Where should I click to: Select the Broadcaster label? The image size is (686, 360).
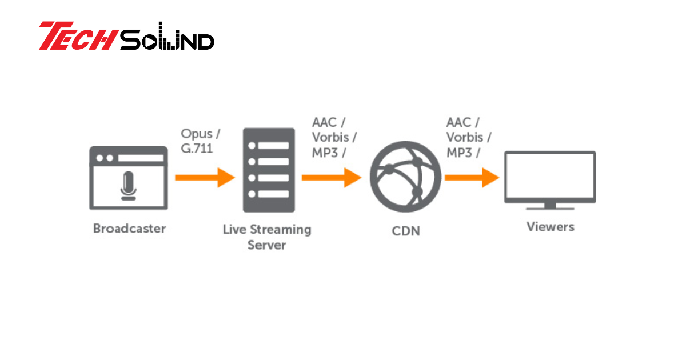129,229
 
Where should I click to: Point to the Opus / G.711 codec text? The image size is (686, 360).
200,141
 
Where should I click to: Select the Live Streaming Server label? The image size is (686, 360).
267,237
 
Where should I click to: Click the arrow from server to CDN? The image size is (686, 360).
332,178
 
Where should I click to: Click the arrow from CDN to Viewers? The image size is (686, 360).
471,178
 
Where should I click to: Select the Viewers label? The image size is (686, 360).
550,227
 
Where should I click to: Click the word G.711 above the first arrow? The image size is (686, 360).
197,149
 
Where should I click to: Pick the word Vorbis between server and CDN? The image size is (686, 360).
331,138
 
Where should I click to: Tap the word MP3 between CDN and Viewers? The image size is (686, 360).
460,153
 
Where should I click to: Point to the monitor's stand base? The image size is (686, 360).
550,207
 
